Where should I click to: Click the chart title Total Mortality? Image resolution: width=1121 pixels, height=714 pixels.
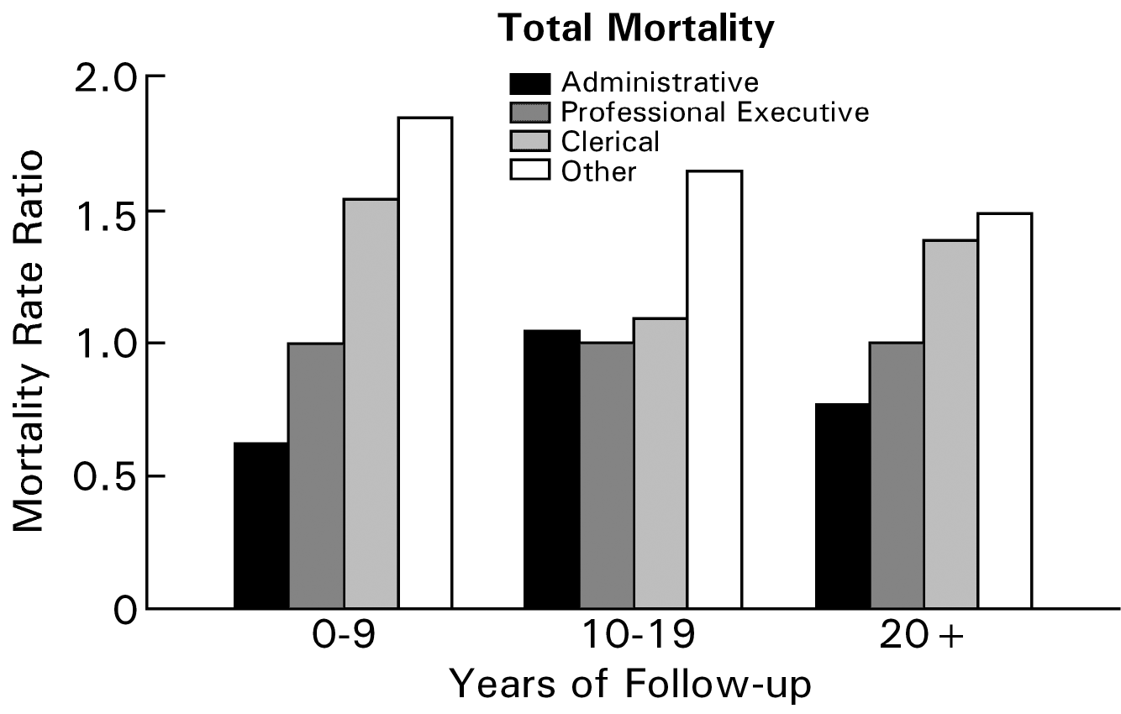(x=635, y=29)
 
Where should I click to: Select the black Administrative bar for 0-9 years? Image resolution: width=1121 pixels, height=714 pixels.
(x=261, y=525)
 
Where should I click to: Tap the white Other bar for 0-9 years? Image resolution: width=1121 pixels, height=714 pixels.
(x=425, y=363)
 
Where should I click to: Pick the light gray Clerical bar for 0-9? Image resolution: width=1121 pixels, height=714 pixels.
(x=371, y=403)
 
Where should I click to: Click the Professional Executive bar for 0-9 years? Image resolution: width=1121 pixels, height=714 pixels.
(x=316, y=475)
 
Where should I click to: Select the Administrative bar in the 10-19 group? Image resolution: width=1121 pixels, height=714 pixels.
(x=552, y=469)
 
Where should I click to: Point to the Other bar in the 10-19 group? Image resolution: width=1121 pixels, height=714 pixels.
(x=715, y=389)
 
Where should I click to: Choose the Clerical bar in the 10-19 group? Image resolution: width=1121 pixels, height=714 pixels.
(x=660, y=463)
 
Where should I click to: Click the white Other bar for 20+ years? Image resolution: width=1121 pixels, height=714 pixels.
(x=1005, y=411)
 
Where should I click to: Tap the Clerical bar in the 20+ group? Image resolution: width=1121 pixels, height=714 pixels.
(x=951, y=424)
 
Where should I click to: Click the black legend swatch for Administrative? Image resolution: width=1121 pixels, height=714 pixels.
(x=529, y=83)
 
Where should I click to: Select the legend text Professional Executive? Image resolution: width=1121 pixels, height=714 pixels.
(x=715, y=112)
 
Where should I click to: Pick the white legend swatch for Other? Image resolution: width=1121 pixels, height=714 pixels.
(x=529, y=171)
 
